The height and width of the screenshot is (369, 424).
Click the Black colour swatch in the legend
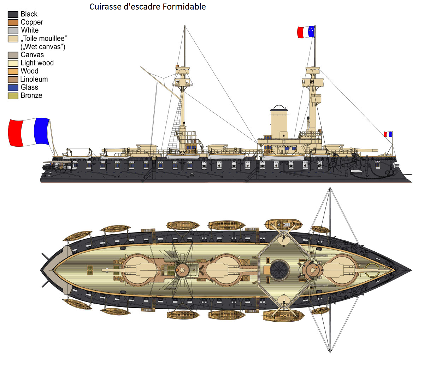pos(13,14)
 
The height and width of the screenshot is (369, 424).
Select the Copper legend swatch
pos(13,23)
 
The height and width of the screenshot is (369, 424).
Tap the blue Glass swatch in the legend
pos(13,88)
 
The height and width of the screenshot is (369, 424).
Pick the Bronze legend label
pos(31,95)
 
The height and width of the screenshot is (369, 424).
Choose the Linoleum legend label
pos(34,79)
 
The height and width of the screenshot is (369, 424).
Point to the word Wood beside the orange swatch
pos(29,71)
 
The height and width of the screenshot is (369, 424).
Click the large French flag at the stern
pos(29,132)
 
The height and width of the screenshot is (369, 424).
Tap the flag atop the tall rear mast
pos(306,32)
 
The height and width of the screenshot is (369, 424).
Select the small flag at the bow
pos(388,134)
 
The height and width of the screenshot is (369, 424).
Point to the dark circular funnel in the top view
pos(280,270)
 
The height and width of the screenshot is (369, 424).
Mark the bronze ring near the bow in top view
pos(372,270)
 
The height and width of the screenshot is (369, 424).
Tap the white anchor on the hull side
pos(356,171)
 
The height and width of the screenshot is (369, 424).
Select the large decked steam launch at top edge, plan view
pos(284,224)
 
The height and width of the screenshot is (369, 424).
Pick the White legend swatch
pos(13,31)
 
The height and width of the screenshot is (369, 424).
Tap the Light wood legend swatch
pos(13,63)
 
